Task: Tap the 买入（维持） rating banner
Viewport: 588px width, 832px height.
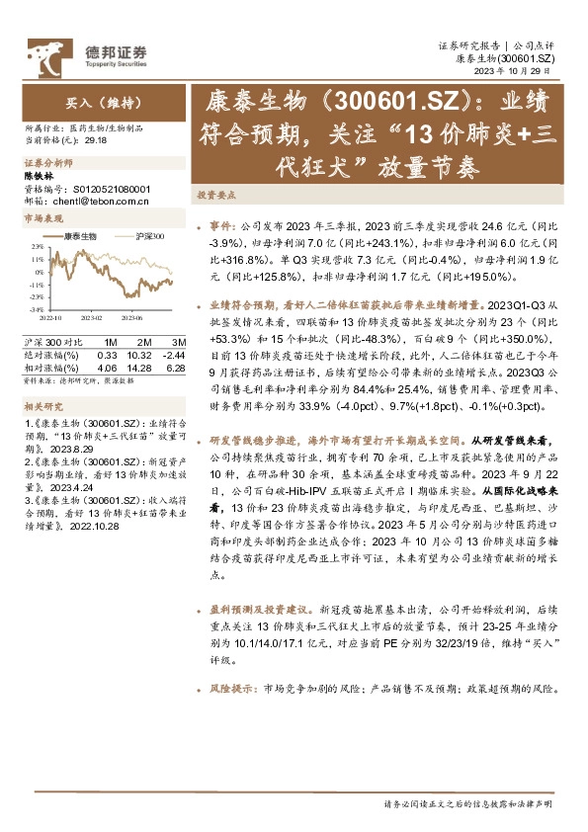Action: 88,101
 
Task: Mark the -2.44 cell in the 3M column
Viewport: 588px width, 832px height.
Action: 175,354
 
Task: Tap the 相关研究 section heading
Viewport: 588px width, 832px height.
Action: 42,406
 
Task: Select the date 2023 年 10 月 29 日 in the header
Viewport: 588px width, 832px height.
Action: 522,72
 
